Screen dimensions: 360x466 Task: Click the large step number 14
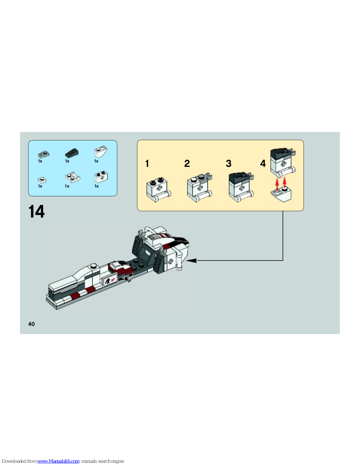(36, 211)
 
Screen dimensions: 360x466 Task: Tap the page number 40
(31, 324)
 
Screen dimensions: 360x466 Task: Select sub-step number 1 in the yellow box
(147, 163)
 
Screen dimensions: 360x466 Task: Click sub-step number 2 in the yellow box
(187, 163)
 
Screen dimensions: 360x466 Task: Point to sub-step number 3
(229, 163)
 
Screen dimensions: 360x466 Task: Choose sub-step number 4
(263, 163)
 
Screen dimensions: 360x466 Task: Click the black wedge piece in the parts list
(72, 153)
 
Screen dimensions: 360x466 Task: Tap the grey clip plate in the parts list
(43, 154)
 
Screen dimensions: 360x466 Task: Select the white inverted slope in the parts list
(101, 152)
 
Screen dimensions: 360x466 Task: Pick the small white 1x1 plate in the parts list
(42, 180)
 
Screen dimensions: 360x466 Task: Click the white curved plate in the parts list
(72, 177)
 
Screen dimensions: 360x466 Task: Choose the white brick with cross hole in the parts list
(101, 177)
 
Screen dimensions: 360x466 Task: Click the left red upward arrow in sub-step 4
(277, 185)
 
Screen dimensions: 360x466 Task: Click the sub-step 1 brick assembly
(159, 190)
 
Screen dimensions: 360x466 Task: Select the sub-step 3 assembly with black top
(241, 187)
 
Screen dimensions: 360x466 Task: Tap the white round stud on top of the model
(93, 266)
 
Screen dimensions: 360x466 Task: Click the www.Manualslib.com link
(58, 461)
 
